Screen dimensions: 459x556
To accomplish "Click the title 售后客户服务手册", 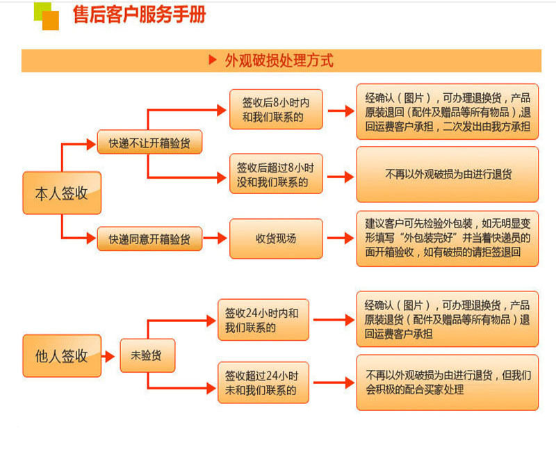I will (x=139, y=15).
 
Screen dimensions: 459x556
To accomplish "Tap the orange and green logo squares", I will (x=47, y=16).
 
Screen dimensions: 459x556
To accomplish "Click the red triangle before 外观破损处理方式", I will (x=213, y=61).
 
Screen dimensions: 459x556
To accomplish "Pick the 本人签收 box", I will (x=62, y=193).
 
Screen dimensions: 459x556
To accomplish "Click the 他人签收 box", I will (x=62, y=355).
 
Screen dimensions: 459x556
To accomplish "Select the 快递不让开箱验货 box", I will (x=149, y=143).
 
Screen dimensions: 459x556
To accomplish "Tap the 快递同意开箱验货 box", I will (x=149, y=239).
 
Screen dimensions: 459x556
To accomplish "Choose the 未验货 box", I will (x=147, y=355).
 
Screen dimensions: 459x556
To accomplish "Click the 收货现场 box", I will (x=276, y=239).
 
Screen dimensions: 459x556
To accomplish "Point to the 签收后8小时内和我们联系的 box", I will (x=276, y=110).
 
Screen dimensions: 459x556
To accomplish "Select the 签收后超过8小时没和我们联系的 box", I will (x=276, y=174).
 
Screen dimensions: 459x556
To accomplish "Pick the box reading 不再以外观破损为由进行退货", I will (x=448, y=175).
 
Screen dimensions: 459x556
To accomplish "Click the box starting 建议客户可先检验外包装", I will (x=448, y=238).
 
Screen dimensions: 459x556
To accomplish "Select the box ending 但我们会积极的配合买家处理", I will (x=448, y=382).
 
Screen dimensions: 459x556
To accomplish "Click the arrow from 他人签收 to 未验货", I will (x=110, y=356).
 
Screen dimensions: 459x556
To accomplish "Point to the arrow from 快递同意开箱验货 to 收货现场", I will (x=215, y=239).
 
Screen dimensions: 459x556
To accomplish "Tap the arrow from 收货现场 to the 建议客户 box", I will (x=340, y=239).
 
